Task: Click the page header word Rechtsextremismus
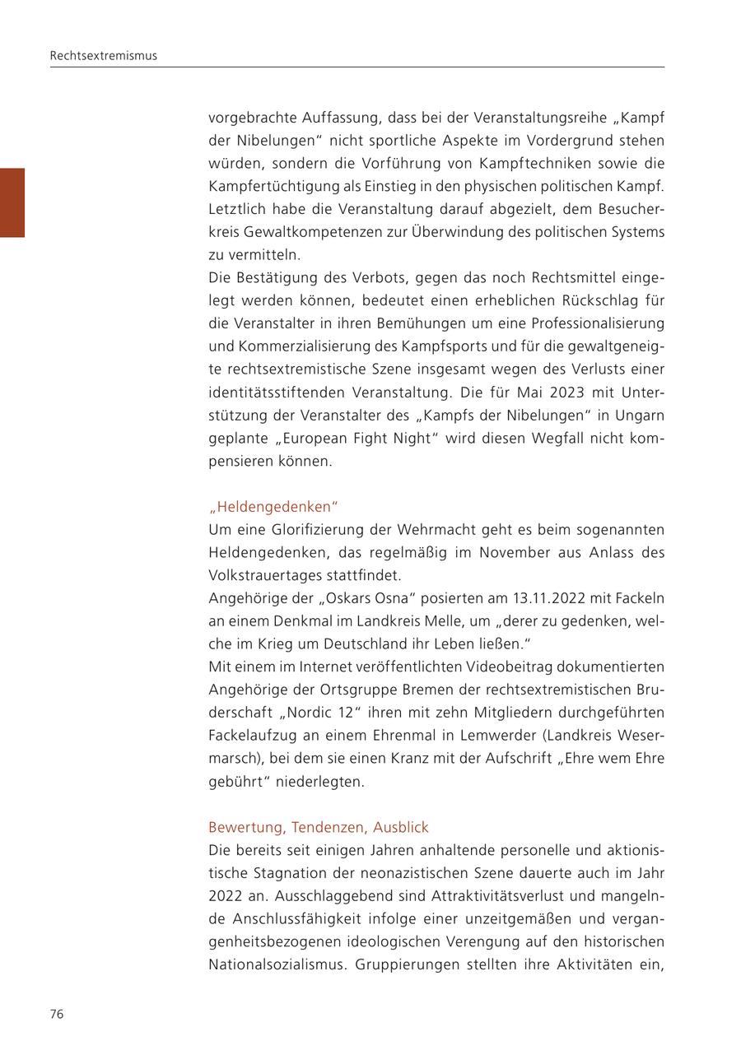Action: (x=103, y=56)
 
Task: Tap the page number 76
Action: (x=57, y=1014)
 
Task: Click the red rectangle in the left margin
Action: (x=12, y=202)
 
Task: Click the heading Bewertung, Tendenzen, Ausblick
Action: (x=319, y=827)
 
